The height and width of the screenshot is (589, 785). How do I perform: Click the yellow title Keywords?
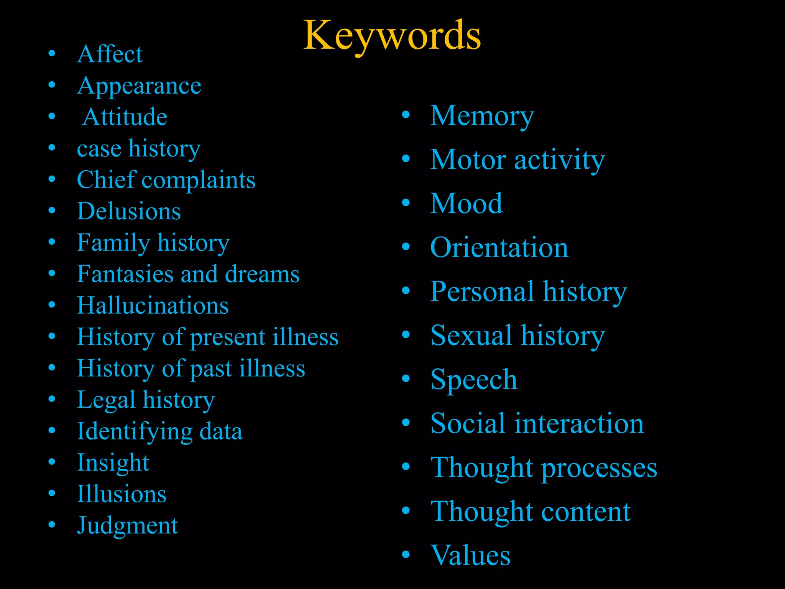coord(392,35)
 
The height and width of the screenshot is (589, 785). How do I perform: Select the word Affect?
coord(110,54)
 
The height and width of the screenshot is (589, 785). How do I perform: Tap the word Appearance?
coord(139,86)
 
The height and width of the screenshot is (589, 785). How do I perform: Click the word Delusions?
coord(129,211)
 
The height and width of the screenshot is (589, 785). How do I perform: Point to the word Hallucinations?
coord(153,306)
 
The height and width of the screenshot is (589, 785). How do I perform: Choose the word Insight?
coord(113,463)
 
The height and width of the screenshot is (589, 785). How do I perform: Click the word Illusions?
coord(122,494)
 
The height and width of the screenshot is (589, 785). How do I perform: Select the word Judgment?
coord(128,526)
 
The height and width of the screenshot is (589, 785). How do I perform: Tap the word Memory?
coord(482,116)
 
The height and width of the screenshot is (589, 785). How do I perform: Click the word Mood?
coord(466,204)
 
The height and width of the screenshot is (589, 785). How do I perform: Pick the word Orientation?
coord(499,248)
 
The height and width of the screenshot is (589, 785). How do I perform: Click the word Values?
coord(470,555)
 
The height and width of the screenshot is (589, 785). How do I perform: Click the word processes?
coord(599,468)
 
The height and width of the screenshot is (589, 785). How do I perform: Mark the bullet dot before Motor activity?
coord(406,159)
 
